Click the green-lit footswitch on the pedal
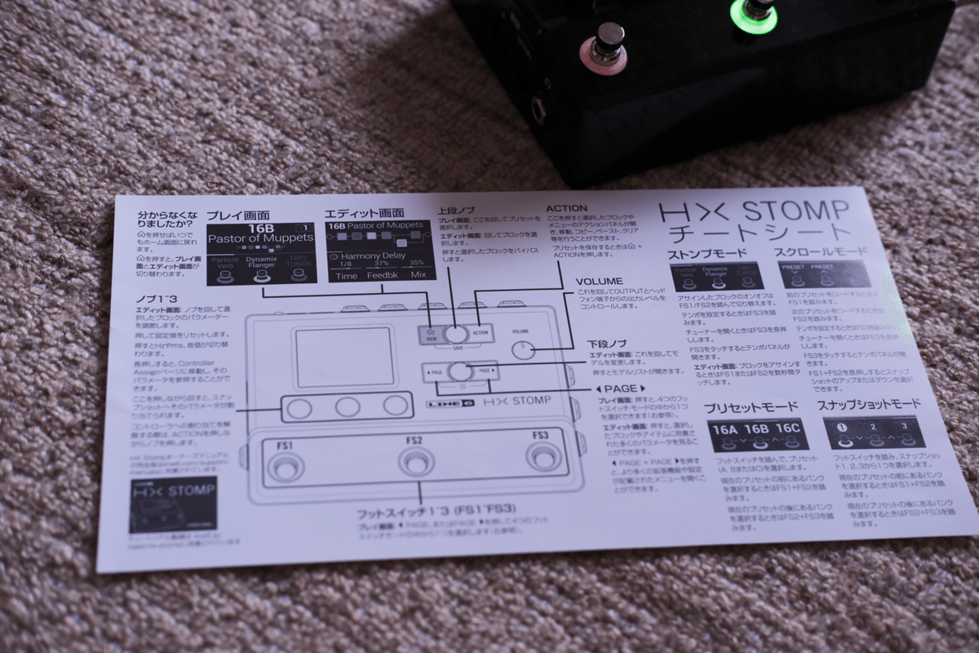755,14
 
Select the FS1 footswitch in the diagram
285,467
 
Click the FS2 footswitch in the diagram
414,462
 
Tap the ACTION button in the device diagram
481,331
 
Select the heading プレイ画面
237,215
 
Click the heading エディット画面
364,214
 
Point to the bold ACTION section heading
566,209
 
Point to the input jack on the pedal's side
539,109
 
